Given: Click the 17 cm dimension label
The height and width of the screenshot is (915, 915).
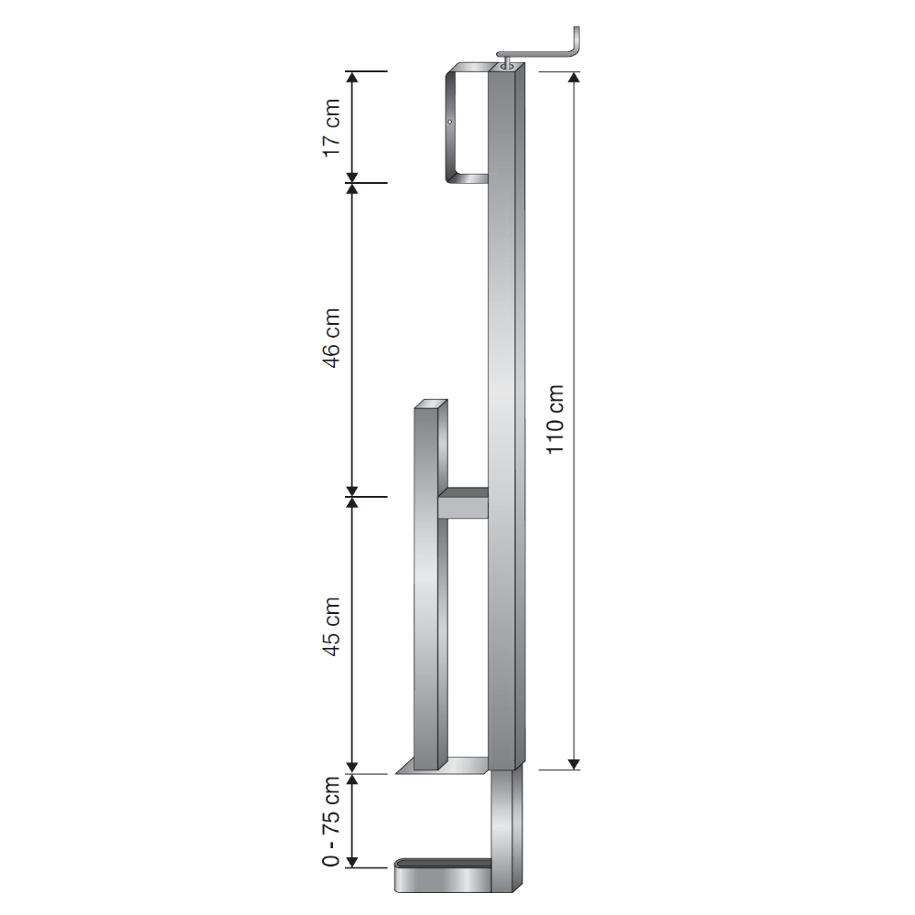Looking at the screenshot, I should click(x=332, y=126).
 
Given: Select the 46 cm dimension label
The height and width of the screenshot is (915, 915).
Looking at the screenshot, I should click(x=332, y=339).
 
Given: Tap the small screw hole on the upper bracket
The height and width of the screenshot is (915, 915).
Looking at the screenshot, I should click(x=450, y=122).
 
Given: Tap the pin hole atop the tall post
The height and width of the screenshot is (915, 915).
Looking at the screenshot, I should click(x=505, y=65).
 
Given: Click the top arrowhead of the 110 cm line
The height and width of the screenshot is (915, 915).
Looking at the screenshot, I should click(x=574, y=77).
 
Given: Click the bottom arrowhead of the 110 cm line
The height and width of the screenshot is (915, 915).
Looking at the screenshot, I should click(x=574, y=762).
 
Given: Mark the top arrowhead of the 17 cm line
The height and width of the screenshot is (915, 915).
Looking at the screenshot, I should click(x=351, y=77).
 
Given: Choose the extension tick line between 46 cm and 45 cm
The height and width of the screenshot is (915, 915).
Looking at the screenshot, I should click(x=369, y=497).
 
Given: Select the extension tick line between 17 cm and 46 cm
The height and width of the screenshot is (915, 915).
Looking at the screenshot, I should click(x=369, y=182).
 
